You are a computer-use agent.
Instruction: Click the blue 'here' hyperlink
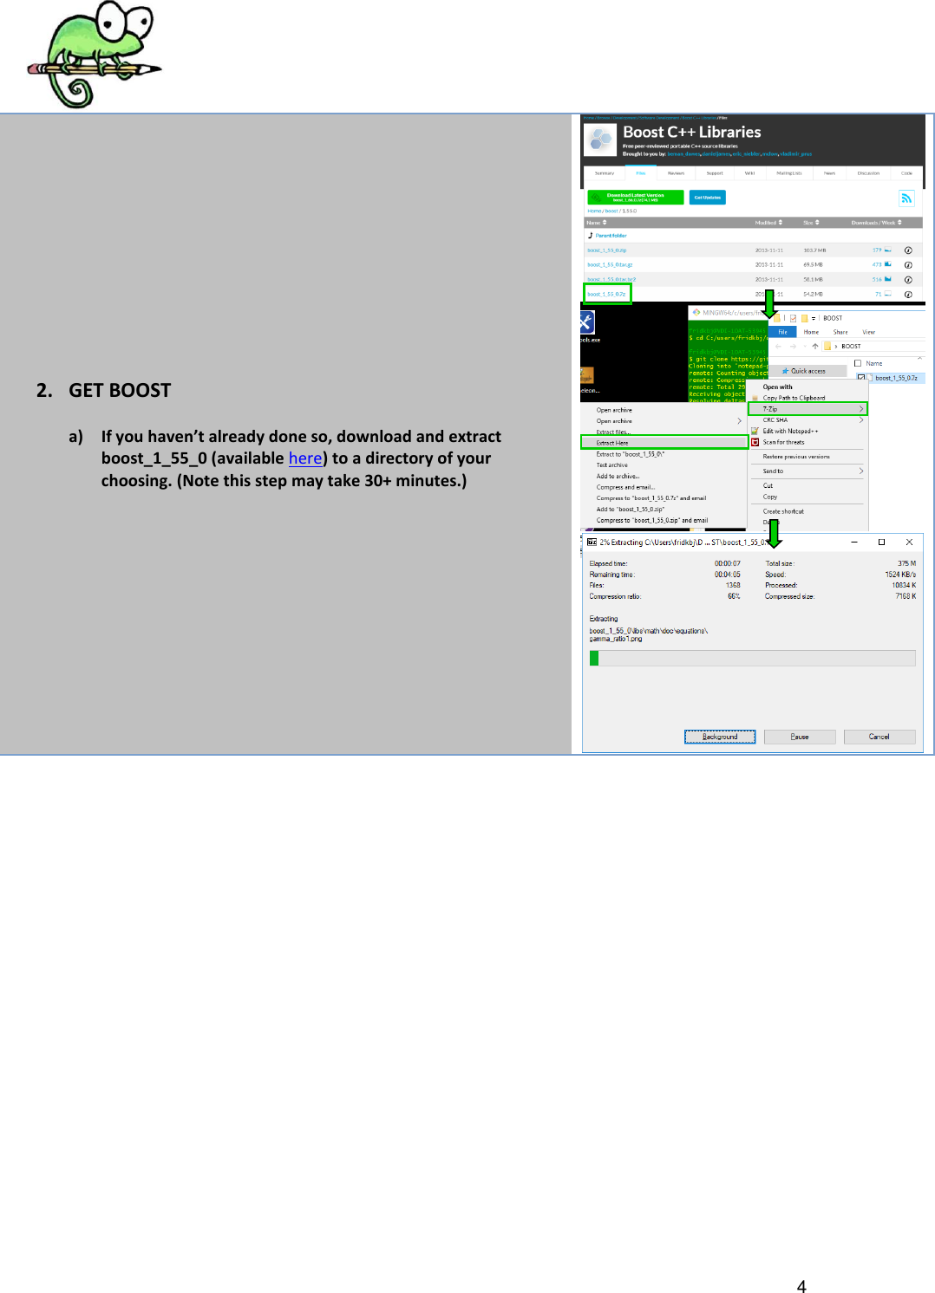[x=305, y=458]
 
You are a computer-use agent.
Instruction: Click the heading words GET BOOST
[x=120, y=391]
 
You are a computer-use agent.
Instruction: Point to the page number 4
[x=801, y=1286]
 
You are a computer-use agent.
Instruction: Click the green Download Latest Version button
[x=636, y=198]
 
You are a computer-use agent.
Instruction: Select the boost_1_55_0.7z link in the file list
[x=606, y=295]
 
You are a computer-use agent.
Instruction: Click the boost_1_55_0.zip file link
[x=606, y=250]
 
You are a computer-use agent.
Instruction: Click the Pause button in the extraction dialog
[x=800, y=737]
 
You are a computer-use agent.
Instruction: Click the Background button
[x=720, y=737]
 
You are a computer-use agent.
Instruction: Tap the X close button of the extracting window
[x=909, y=542]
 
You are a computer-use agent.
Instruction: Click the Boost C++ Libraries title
[x=691, y=132]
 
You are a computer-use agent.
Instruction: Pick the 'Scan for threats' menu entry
[x=783, y=442]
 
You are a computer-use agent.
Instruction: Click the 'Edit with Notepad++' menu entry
[x=789, y=431]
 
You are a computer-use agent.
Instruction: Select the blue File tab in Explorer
[x=782, y=332]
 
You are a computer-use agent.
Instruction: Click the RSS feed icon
[x=906, y=198]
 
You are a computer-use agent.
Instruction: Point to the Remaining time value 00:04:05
[x=727, y=575]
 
